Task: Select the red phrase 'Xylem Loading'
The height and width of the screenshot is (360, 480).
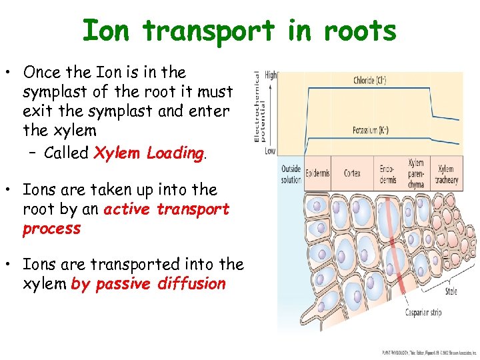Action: coord(149,153)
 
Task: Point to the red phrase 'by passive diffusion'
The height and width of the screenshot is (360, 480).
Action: coord(148,284)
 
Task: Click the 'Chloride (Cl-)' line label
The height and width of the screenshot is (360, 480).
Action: coord(369,81)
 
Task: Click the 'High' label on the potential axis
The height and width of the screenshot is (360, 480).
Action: coord(271,75)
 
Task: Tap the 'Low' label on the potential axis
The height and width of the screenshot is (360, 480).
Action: coord(270,152)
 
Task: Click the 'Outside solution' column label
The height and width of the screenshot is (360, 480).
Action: coord(291,175)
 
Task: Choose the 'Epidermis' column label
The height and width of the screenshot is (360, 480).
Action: coord(317,173)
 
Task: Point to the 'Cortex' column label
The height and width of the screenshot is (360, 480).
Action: coord(353,173)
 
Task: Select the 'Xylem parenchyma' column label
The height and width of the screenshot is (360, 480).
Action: coord(415,174)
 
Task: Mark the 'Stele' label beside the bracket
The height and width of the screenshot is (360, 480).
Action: coord(451,291)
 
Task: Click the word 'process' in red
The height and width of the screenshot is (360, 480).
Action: coord(51,229)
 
